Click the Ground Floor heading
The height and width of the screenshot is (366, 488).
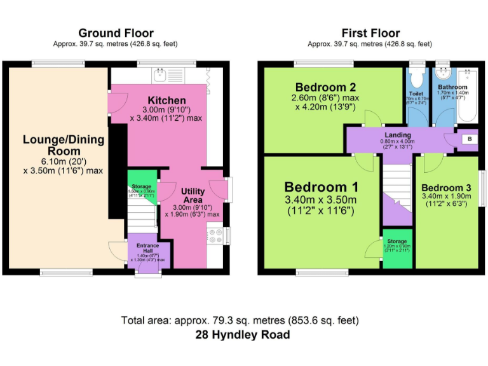click(x=116, y=33)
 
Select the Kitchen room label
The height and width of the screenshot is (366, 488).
click(x=166, y=100)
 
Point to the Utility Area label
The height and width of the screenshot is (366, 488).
click(x=192, y=195)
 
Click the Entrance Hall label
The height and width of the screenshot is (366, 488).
click(x=147, y=248)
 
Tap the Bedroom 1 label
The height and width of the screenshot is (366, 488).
click(x=321, y=187)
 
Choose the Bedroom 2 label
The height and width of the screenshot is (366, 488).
click(x=325, y=87)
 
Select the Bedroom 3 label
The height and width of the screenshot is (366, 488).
click(x=446, y=188)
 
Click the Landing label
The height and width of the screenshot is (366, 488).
click(x=398, y=135)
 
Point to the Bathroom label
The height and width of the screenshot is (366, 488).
click(x=452, y=87)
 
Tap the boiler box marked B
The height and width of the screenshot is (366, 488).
click(x=469, y=139)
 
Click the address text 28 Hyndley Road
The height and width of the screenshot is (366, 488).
click(x=244, y=335)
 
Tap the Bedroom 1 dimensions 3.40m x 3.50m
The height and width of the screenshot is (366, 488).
click(x=321, y=201)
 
